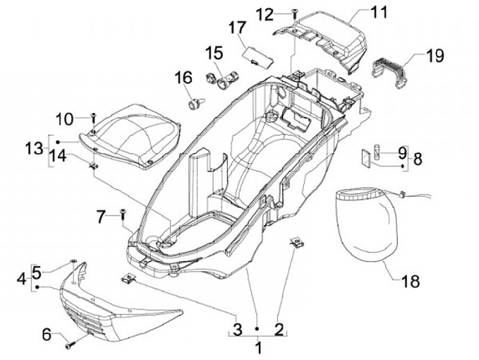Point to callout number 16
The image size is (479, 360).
tap(183, 79)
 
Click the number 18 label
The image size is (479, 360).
tap(410, 281)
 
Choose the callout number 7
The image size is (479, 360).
tap(100, 216)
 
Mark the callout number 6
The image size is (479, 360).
tap(47, 335)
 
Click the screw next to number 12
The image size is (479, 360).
tap(293, 13)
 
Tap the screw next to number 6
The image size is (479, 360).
tap(69, 345)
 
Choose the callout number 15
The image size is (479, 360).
tap(214, 53)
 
